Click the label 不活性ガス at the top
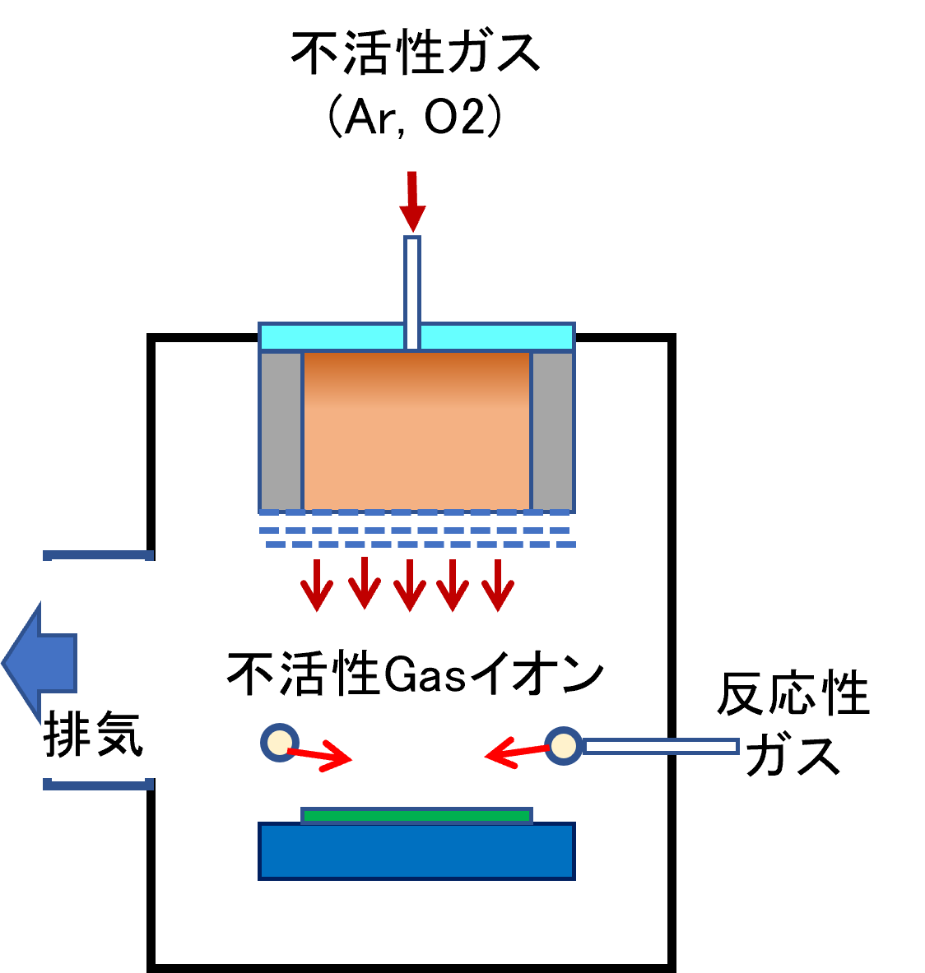click(416, 53)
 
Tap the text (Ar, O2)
click(415, 115)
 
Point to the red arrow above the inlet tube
click(412, 202)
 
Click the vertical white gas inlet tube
click(412, 292)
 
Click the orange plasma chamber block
click(416, 431)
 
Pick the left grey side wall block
click(281, 431)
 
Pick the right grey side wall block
click(552, 431)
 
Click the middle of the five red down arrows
click(409, 585)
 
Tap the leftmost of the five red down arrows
click(317, 585)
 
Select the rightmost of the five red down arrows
click(498, 585)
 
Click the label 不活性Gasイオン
click(415, 674)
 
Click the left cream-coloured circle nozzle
click(280, 742)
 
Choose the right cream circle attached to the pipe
click(564, 745)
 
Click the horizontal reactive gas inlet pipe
click(661, 747)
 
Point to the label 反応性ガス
click(793, 724)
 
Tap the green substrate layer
click(416, 815)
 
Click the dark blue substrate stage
click(416, 851)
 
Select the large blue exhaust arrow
click(40, 663)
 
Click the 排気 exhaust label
click(93, 734)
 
